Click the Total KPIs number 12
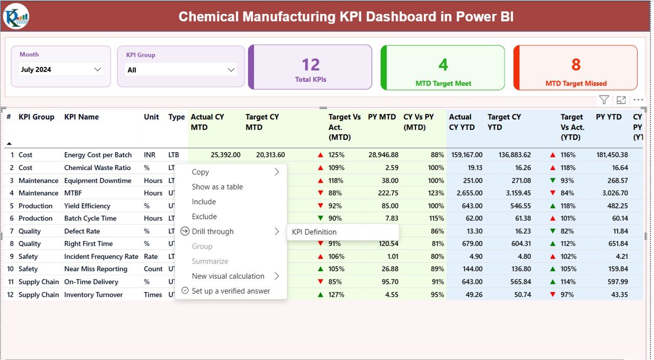pos(311,65)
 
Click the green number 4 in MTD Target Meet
pos(443,65)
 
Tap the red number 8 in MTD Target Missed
pos(576,65)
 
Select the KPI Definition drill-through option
pos(314,232)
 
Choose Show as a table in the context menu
pos(217,187)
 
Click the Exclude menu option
pos(204,217)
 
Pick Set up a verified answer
pos(230,291)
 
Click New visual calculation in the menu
pos(228,276)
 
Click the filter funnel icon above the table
pos(604,100)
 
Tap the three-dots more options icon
pos(638,100)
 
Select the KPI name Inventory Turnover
pos(94,295)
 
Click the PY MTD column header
pos(382,117)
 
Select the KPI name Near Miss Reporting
pos(96,269)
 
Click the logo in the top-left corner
pos(16,16)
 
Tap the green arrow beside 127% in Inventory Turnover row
pos(320,295)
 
